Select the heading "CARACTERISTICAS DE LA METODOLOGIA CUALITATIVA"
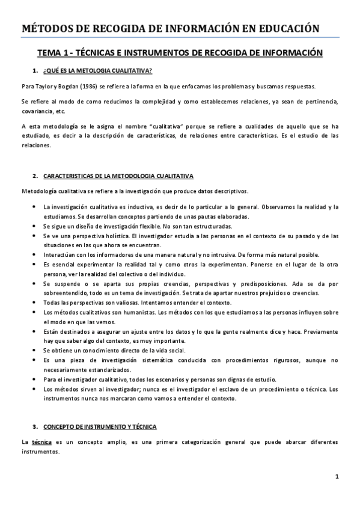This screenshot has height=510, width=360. pyautogui.click(x=118, y=176)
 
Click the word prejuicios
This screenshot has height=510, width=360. pyautogui.click(x=287, y=292)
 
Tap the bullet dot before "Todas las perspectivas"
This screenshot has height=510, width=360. pyautogui.click(x=32, y=302)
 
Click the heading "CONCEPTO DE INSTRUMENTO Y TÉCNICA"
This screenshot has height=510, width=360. pyautogui.click(x=100, y=426)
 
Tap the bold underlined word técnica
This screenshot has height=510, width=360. pyautogui.click(x=41, y=441)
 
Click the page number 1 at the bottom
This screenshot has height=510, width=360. pyautogui.click(x=338, y=476)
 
